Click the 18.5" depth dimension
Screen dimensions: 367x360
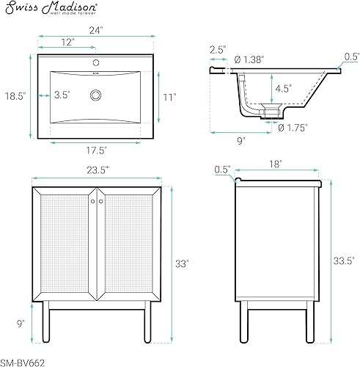coord(15,95)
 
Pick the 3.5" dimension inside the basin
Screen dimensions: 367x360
coord(62,95)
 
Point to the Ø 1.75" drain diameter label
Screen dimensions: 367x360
coord(293,127)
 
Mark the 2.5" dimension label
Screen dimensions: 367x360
coord(218,49)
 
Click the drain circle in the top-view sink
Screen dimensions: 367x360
coord(95,95)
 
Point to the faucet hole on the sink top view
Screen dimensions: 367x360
coord(95,59)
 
